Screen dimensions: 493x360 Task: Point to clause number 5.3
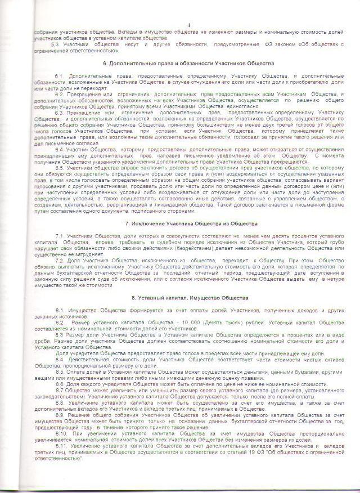point(56,44)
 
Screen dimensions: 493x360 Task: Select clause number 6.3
point(60,113)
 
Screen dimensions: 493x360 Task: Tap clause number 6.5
point(60,168)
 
